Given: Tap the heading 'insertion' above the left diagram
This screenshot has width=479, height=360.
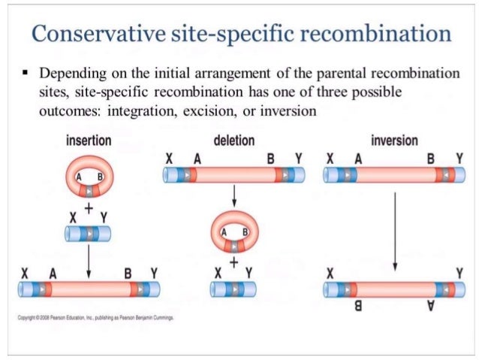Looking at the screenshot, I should pos(89,141).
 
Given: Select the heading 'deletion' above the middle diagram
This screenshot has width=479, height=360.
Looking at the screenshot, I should pos(233,141).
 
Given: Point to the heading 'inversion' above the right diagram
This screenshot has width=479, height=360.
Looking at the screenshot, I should pos(394,141).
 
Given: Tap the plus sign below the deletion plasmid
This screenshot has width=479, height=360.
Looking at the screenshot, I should pos(233,262).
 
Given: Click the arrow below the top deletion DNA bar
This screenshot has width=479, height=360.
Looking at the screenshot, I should pos(233,196).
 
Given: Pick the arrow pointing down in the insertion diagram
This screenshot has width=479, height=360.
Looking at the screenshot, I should pos(89,259).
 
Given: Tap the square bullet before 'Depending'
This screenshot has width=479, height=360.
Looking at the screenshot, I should pos(25,76).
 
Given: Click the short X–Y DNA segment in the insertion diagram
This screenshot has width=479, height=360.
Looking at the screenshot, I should pos(89,234).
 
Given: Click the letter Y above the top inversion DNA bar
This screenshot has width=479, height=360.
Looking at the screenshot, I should pos(459,159).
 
